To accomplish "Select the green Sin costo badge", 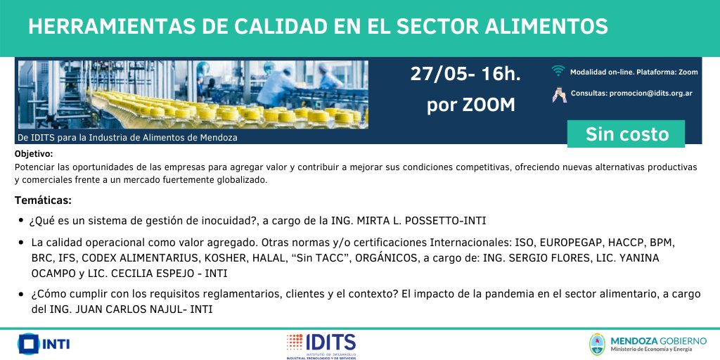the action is point(626,134).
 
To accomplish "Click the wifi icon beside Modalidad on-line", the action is point(558,71).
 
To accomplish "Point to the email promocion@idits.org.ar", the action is point(650,94).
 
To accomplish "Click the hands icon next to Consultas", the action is point(559,94).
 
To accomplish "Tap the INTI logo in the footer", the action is point(44,343).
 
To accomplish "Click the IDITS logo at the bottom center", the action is point(321,346).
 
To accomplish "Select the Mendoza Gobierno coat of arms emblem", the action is point(597,345).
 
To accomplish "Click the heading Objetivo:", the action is point(34,154).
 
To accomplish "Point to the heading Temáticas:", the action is point(43,200).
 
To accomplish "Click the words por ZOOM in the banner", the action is point(471,105).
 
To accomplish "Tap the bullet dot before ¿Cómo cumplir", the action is point(21,295).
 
